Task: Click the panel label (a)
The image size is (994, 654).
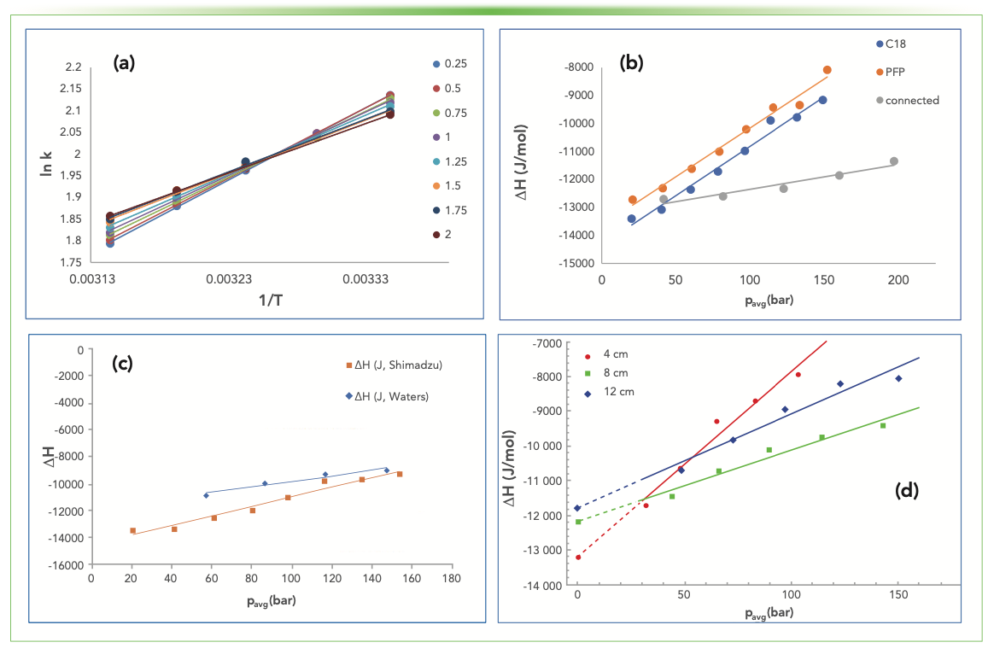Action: click(x=126, y=62)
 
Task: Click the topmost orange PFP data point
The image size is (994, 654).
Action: click(x=827, y=70)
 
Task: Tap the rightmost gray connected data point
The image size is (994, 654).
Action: click(x=894, y=161)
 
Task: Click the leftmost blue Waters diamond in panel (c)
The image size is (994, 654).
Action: click(x=206, y=495)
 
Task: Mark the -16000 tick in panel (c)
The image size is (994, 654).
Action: click(x=72, y=564)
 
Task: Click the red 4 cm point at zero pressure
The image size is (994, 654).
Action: click(x=578, y=558)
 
